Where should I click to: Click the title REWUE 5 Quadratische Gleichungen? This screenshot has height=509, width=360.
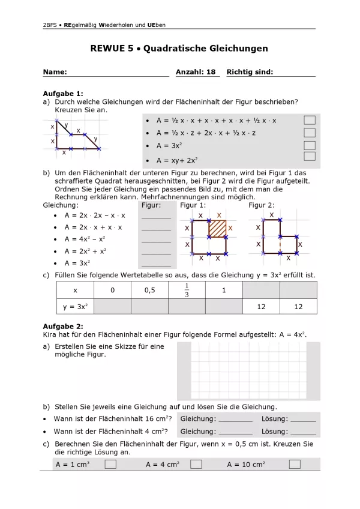tap(179, 49)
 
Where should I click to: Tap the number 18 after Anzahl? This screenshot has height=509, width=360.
tap(211, 72)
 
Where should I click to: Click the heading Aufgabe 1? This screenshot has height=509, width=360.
tap(63, 94)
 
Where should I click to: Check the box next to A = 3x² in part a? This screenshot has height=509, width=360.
tap(310, 146)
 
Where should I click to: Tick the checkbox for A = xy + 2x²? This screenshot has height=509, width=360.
tap(310, 157)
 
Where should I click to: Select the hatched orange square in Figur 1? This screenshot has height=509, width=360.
tap(217, 229)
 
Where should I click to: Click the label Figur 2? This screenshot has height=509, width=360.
tap(262, 205)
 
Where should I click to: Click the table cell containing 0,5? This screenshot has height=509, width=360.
tap(149, 290)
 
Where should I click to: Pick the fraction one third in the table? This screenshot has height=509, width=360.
tap(187, 290)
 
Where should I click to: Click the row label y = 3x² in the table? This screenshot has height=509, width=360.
tap(76, 307)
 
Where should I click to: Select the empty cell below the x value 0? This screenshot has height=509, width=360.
tap(113, 307)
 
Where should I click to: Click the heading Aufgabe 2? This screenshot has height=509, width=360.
tap(63, 326)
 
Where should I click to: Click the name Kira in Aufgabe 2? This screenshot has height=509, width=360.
tap(51, 334)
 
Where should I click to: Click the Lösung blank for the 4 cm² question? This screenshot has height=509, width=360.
tap(303, 432)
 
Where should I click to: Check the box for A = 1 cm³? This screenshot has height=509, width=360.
tap(110, 464)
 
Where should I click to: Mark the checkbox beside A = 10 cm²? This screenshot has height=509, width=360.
tap(295, 464)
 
